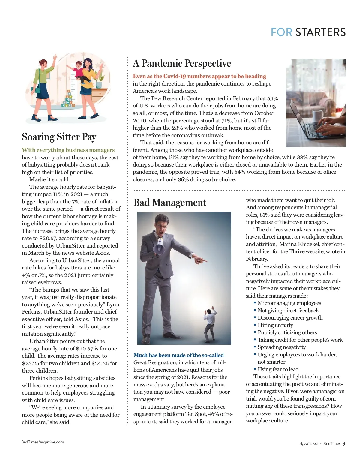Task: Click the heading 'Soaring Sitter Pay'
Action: pos(59,137)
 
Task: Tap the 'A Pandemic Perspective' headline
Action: pos(182,63)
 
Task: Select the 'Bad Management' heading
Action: pos(170,203)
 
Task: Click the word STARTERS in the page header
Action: pos(320,32)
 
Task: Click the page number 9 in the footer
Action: pos(344,443)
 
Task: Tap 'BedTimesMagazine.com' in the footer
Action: pos(43,442)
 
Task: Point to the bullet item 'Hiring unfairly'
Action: pos(275,325)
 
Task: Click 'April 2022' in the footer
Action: pos(309,444)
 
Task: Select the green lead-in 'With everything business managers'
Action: pos(68,150)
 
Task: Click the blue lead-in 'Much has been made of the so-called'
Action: pos(178,355)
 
